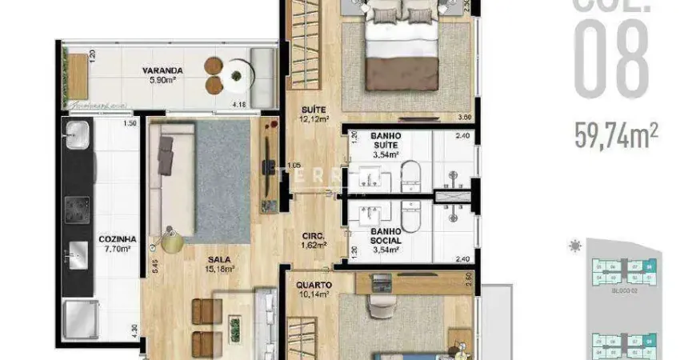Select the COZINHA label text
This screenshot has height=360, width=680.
(x=117, y=239)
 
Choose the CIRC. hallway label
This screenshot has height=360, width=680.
(x=312, y=236)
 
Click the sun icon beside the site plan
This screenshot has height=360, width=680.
(x=574, y=246)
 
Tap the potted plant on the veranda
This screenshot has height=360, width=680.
(x=235, y=77)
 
